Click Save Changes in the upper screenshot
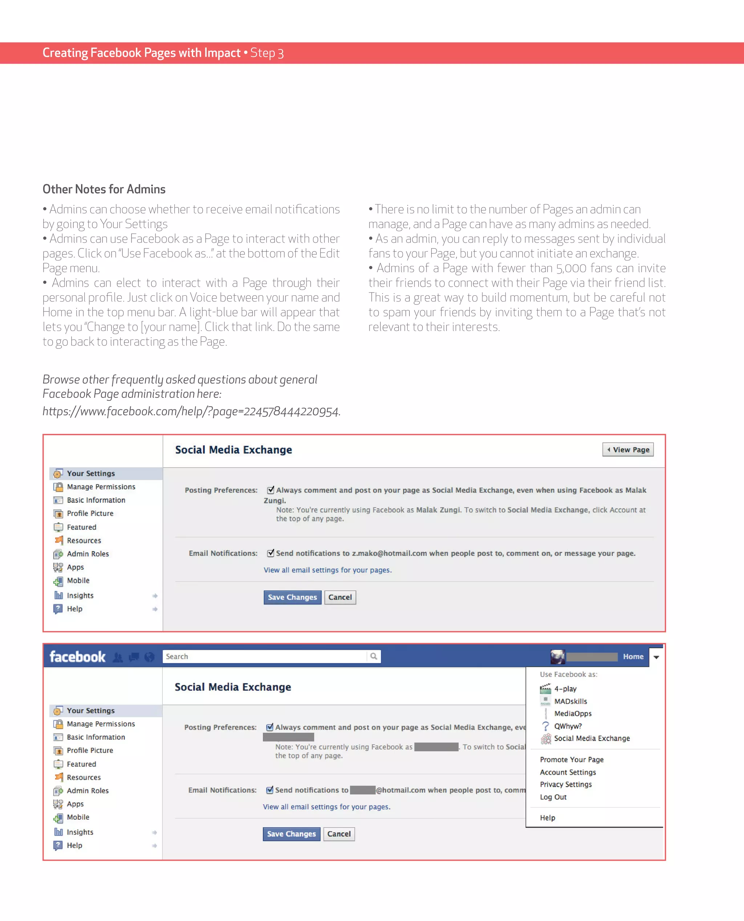click(x=292, y=597)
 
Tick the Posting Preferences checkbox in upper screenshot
click(x=270, y=490)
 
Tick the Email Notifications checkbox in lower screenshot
click(x=270, y=789)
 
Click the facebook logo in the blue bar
click(x=77, y=657)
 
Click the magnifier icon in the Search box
click(x=373, y=656)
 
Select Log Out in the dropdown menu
click(x=553, y=797)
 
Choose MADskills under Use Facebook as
click(x=570, y=701)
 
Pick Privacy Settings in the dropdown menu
click(x=566, y=784)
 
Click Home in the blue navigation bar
click(x=633, y=657)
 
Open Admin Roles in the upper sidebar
click(x=88, y=554)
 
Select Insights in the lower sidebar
click(x=80, y=832)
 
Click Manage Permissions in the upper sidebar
click(x=101, y=487)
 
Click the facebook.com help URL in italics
click(x=191, y=411)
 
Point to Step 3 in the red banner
click(x=267, y=53)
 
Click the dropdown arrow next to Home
click(x=656, y=657)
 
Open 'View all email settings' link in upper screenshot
click(x=327, y=570)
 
